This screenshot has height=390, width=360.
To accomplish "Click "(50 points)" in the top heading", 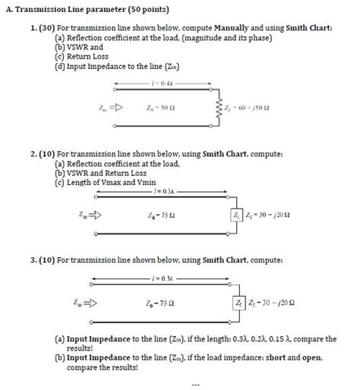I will [144, 10].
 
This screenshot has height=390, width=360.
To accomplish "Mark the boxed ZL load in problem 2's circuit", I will [238, 215].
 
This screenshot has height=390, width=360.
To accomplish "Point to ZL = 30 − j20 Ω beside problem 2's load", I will [270, 215].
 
